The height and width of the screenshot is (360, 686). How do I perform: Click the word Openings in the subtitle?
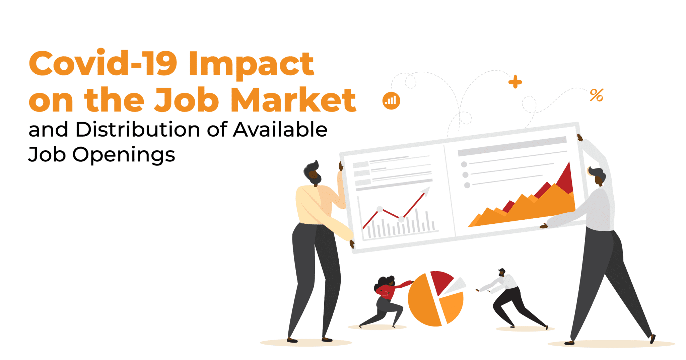click(x=124, y=155)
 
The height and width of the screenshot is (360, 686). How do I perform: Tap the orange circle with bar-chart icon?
click(x=391, y=100)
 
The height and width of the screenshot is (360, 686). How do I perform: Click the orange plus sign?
click(x=515, y=82)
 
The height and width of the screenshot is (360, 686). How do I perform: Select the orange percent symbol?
click(x=597, y=95)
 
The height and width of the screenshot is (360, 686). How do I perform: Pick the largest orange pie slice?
click(x=423, y=301)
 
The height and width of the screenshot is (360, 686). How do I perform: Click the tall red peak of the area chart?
click(x=564, y=179)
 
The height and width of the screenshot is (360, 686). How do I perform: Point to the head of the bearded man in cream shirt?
click(x=313, y=172)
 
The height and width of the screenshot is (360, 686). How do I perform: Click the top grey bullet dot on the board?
click(x=464, y=164)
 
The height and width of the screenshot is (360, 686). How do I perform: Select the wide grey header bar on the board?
click(x=512, y=146)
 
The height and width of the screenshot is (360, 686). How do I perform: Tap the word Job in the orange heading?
click(x=186, y=99)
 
